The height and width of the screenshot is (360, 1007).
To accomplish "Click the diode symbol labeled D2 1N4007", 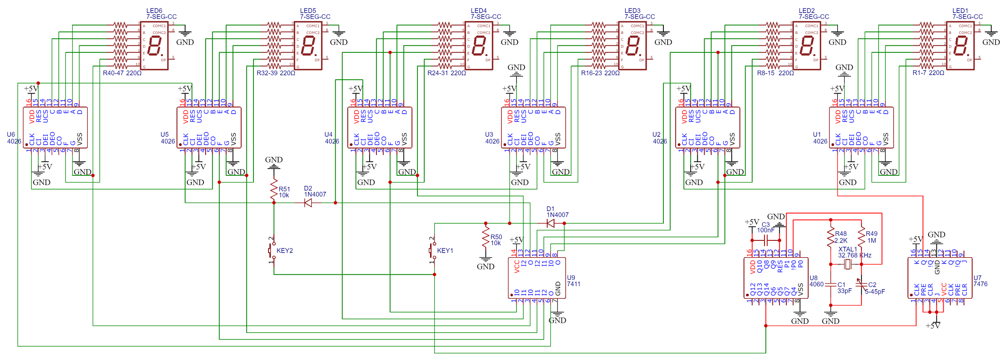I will pyautogui.click(x=308, y=203).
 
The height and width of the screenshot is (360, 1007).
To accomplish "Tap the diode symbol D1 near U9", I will pyautogui.click(x=551, y=224).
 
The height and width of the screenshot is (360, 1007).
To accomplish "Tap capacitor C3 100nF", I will pyautogui.click(x=766, y=240).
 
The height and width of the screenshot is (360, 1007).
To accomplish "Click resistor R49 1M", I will pyautogui.click(x=861, y=237).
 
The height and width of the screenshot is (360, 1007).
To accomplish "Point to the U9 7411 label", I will pyautogui.click(x=574, y=281).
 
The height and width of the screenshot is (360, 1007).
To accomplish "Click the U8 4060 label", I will pyautogui.click(x=816, y=281).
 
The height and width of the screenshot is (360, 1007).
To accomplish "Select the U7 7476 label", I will pyautogui.click(x=980, y=281).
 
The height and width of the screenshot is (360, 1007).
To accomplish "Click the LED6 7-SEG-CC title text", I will pyautogui.click(x=161, y=14).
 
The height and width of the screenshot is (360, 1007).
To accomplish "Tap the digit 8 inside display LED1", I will pyautogui.click(x=960, y=46).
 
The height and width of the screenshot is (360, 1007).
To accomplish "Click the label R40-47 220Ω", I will pyautogui.click(x=122, y=73).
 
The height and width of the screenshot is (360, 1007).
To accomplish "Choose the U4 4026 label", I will pyautogui.click(x=331, y=138).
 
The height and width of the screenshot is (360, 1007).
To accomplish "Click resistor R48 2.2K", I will pyautogui.click(x=830, y=237).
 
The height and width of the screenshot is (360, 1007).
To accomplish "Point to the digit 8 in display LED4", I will pyautogui.click(x=479, y=46).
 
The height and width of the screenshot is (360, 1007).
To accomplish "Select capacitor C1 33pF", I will pyautogui.click(x=830, y=284).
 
